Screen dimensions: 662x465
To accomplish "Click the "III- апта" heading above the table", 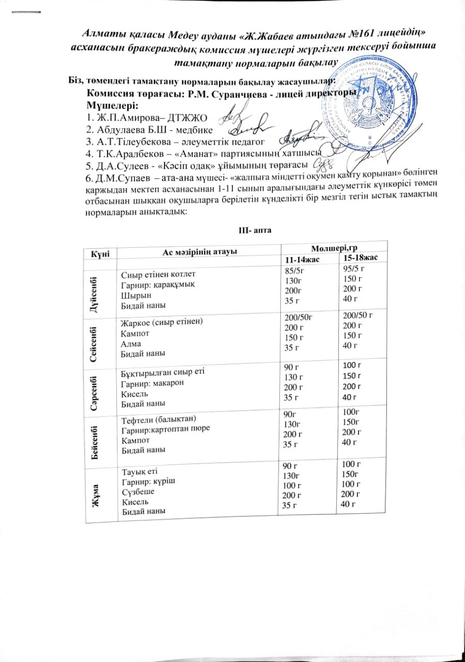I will pyautogui.click(x=252, y=229).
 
